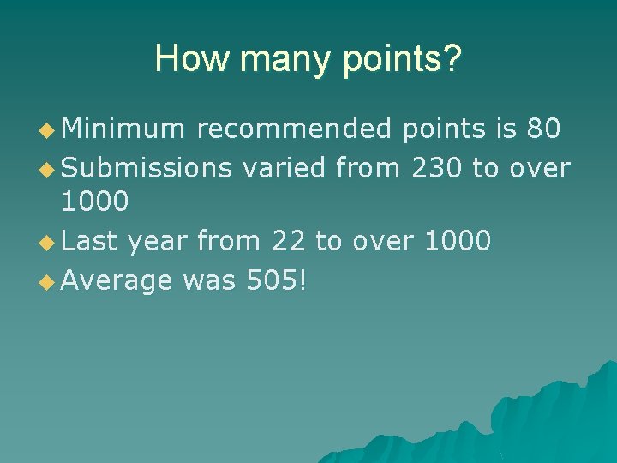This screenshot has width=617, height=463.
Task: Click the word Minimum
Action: pyautogui.click(x=123, y=129)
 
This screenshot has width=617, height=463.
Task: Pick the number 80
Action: pyautogui.click(x=544, y=129)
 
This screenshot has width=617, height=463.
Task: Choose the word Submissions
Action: pyautogui.click(x=147, y=167)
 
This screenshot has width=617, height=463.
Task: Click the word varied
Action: pyautogui.click(x=284, y=167)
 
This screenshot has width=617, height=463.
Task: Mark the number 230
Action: pyautogui.click(x=437, y=167)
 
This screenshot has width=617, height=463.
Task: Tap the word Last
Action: pyautogui.click(x=90, y=241)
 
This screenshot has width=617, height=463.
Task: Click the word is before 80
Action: pyautogui.click(x=502, y=129)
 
